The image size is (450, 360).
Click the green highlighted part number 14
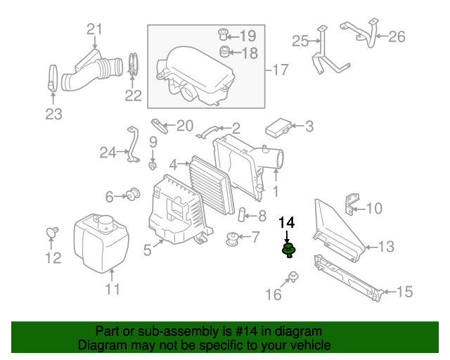(x=288, y=250)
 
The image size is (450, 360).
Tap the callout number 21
(x=94, y=29)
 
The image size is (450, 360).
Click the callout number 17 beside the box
(x=281, y=70)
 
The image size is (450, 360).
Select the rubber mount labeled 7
(x=230, y=240)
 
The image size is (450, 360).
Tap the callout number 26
(x=397, y=37)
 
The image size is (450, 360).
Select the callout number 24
(x=107, y=151)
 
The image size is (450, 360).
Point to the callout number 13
(x=387, y=247)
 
